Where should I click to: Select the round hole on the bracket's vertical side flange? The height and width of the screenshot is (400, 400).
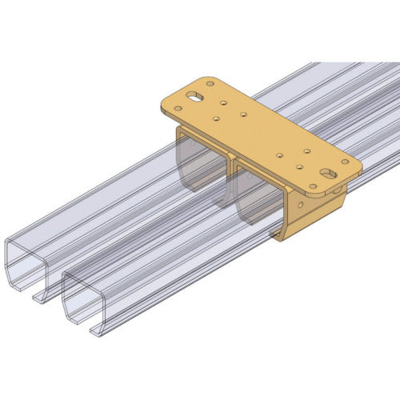338,190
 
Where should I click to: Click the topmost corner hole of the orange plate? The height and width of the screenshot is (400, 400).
210,83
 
